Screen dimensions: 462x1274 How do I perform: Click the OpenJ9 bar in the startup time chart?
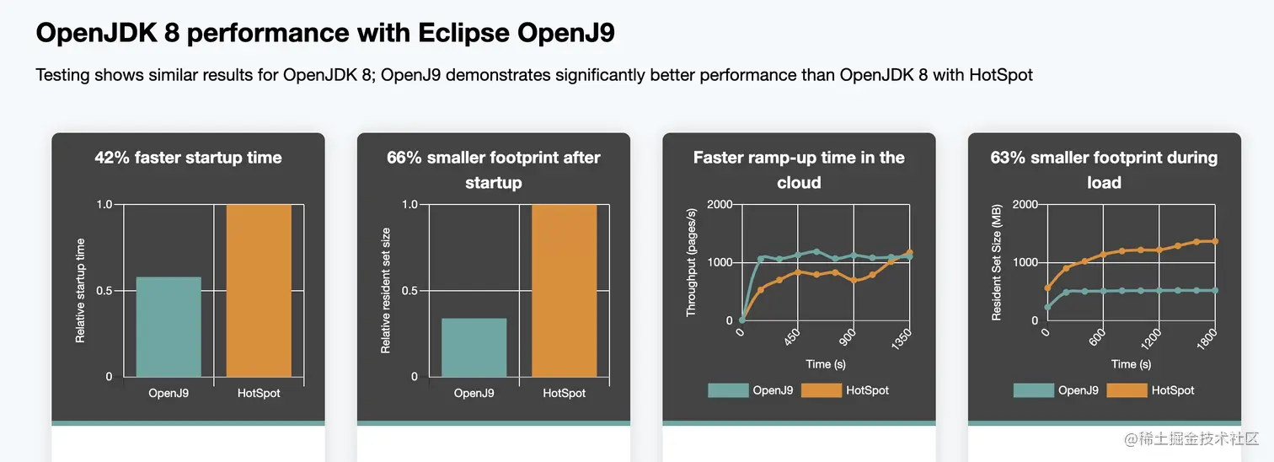click(x=169, y=326)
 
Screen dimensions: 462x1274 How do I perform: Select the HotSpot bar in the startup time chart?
click(x=259, y=290)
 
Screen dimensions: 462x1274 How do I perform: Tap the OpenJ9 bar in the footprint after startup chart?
click(x=474, y=347)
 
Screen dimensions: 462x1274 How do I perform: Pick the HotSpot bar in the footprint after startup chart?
click(x=565, y=290)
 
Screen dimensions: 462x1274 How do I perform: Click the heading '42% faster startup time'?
click(x=188, y=158)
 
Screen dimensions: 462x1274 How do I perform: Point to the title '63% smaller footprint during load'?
click(x=1104, y=169)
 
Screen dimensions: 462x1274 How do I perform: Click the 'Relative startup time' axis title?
click(x=81, y=291)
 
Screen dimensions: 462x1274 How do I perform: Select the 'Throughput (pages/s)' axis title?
click(x=691, y=262)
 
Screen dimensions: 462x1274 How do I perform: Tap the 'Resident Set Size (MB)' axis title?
click(x=996, y=262)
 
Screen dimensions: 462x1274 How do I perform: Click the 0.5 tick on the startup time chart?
click(x=104, y=291)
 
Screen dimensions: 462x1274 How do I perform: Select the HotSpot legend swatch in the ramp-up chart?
click(x=821, y=390)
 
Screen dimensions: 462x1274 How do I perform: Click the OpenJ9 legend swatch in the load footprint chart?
click(x=1033, y=390)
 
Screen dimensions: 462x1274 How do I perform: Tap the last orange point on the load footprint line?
click(x=1215, y=241)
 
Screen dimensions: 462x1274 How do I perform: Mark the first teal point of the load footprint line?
click(x=1047, y=308)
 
